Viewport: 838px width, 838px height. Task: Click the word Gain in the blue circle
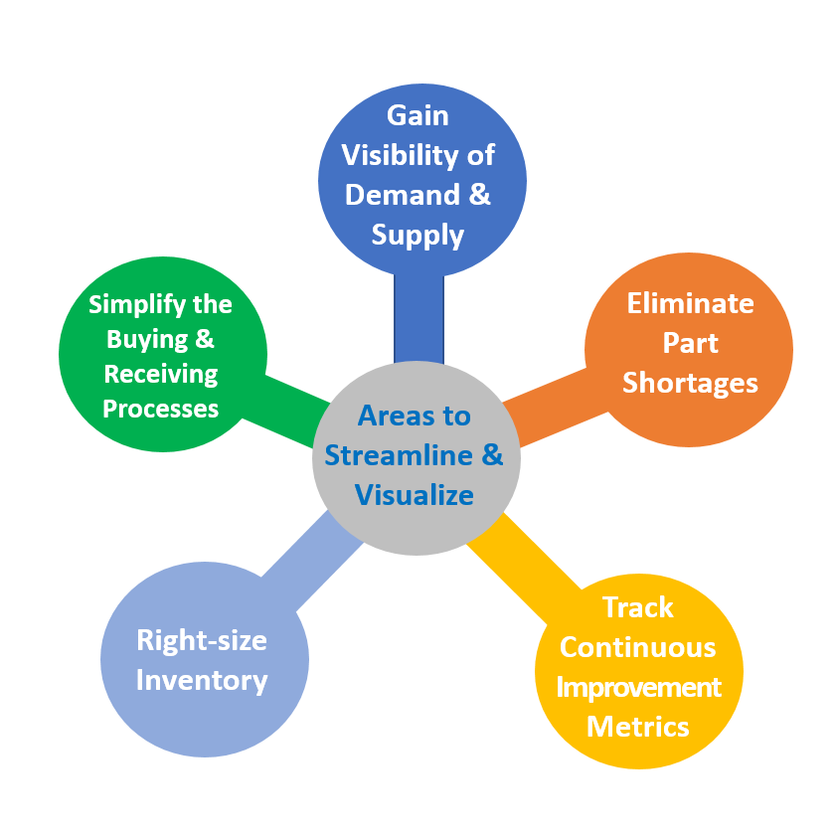click(418, 115)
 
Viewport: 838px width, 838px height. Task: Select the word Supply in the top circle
click(418, 236)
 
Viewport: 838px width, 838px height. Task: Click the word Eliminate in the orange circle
click(690, 303)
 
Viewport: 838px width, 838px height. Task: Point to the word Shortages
click(690, 383)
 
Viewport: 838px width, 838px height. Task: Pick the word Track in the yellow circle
click(637, 607)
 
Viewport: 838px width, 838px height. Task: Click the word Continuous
click(637, 647)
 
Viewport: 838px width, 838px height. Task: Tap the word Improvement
click(638, 687)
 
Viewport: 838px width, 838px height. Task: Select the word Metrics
click(637, 727)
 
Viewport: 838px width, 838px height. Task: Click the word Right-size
click(202, 640)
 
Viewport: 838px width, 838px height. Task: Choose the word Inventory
click(202, 680)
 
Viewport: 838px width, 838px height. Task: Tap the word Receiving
click(160, 374)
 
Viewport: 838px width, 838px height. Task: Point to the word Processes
click(160, 409)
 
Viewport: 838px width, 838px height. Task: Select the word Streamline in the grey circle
click(399, 455)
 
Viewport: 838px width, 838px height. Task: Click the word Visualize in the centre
click(414, 495)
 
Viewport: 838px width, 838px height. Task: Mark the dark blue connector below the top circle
click(419, 319)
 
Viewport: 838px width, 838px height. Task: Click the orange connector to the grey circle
click(556, 407)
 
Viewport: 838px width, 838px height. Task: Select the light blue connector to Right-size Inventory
click(313, 561)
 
